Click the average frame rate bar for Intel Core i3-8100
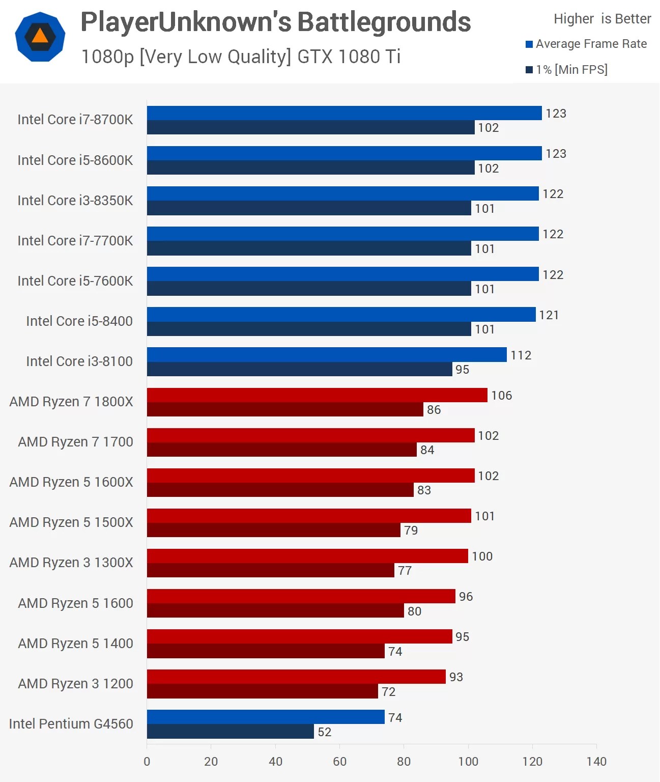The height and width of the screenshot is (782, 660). (x=327, y=355)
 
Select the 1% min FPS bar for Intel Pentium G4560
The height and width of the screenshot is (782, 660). (x=231, y=732)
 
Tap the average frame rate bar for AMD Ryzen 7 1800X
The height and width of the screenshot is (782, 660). (x=317, y=395)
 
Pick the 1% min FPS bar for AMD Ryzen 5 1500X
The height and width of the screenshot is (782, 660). (x=274, y=530)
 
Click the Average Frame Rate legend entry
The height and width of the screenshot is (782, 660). (x=586, y=44)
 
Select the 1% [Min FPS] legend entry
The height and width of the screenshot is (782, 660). (x=567, y=70)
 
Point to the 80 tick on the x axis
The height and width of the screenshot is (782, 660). (x=404, y=761)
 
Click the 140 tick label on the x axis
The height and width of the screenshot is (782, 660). (x=596, y=761)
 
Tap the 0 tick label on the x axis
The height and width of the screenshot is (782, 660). (x=147, y=761)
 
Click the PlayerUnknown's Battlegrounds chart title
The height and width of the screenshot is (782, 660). (x=276, y=22)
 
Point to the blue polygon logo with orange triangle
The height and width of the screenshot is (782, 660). (x=40, y=37)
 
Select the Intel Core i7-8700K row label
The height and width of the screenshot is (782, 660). (x=75, y=120)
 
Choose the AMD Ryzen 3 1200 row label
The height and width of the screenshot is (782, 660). (x=76, y=684)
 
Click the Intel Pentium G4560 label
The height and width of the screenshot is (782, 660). (x=71, y=724)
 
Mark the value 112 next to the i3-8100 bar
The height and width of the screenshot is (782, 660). (x=521, y=355)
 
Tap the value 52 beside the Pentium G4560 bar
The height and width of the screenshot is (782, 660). (x=325, y=732)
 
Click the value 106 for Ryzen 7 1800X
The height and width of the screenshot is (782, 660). (x=502, y=396)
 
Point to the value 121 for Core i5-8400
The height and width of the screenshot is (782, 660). (x=549, y=315)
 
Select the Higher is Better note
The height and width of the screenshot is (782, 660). (x=602, y=19)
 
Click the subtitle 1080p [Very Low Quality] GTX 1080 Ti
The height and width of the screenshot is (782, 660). (x=241, y=57)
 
